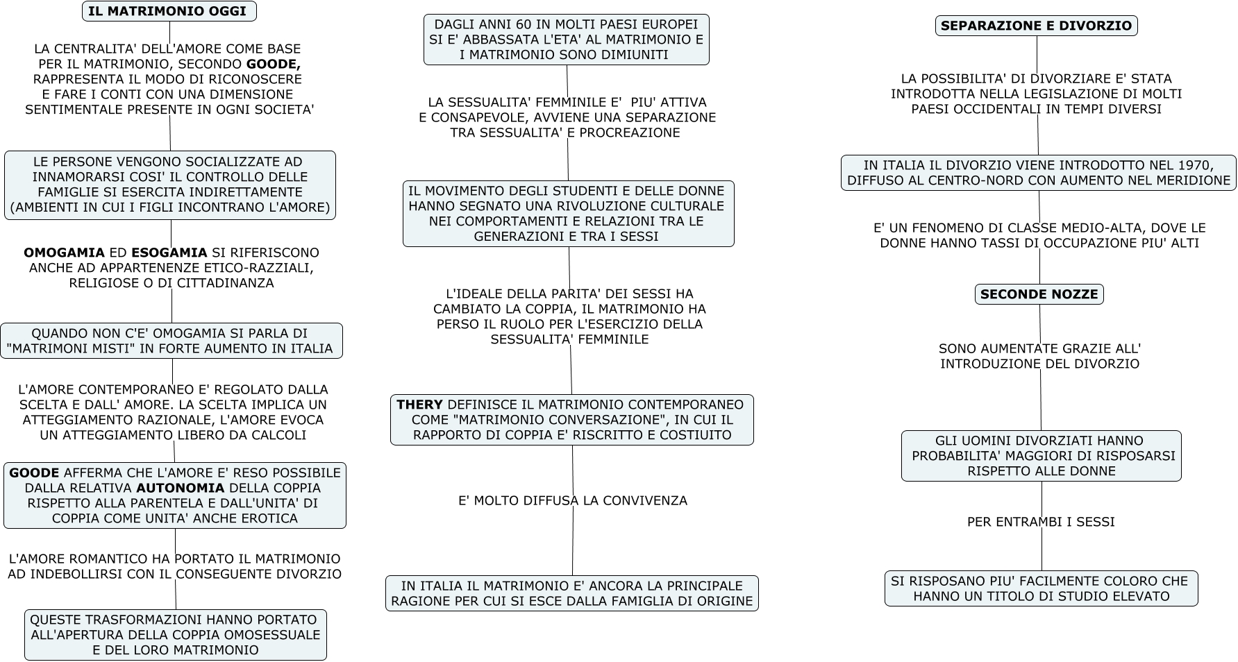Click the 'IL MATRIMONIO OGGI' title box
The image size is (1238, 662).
pos(169,11)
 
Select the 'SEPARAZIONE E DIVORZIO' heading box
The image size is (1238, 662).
pos(1036,26)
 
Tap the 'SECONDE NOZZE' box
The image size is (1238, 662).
pos(1039,294)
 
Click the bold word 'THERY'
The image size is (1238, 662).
pos(419,405)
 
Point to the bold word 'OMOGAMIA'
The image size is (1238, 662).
pos(64,253)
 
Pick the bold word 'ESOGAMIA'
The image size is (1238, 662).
pos(169,253)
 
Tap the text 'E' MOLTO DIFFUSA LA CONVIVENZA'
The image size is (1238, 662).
pos(572,500)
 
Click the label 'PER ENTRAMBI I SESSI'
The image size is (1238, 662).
pos(1041,522)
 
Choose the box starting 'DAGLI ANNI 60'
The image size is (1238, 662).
pos(566,40)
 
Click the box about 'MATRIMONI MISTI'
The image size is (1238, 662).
pos(171,341)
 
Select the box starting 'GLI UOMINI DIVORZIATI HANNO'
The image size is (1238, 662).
pos(1041,456)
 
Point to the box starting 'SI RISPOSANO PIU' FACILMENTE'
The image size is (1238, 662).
pos(1041,588)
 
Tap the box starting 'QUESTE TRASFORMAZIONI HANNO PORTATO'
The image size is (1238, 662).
pos(175,635)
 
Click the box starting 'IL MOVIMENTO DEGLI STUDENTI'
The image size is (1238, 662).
pos(568,214)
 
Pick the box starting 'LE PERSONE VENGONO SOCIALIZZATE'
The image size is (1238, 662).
pos(169,185)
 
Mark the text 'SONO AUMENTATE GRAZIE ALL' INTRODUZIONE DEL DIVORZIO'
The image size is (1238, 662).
pos(1039,356)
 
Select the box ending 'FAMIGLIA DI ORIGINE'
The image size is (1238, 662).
pos(571,593)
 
